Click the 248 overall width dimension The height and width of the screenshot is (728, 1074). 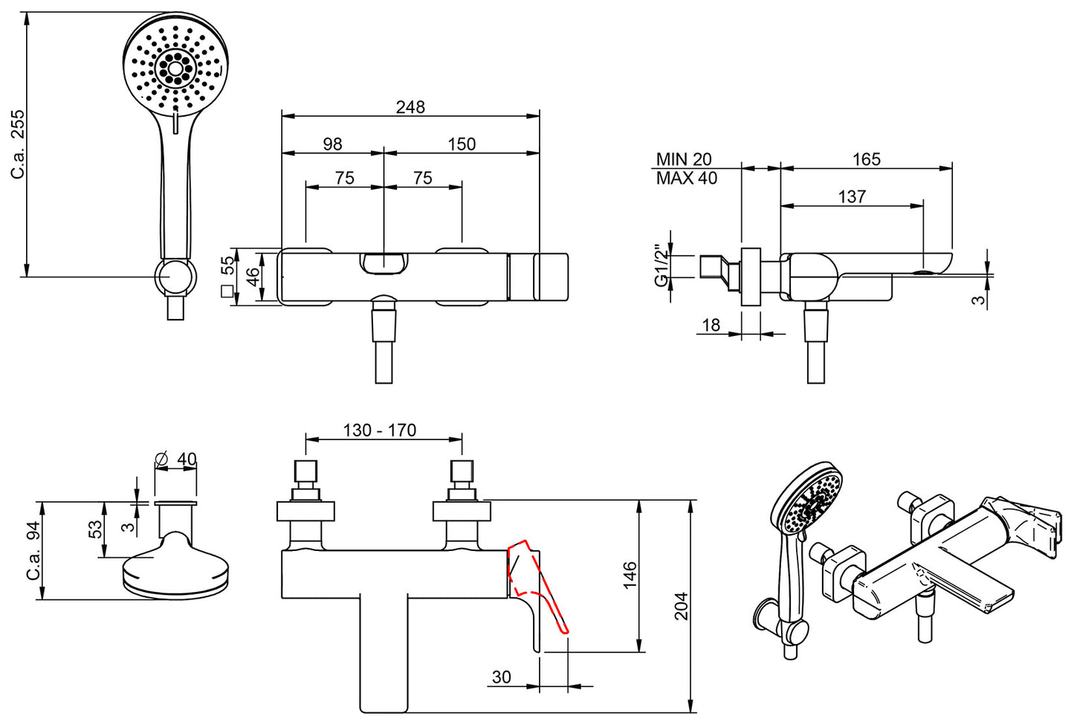point(410,107)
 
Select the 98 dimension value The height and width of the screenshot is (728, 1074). point(332,144)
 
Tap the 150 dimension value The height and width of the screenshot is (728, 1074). point(462,144)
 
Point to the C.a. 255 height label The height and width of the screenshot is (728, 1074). point(18,145)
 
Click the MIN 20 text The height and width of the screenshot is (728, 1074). point(683,159)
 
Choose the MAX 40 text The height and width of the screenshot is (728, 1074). point(686,178)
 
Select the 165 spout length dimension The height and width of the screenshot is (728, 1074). point(866,159)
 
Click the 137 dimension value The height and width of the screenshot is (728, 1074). point(852,196)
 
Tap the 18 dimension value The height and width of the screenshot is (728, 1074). point(711,325)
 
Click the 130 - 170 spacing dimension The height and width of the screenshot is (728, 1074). point(379,431)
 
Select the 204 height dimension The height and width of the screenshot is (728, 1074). point(681,606)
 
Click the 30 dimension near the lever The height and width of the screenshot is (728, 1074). point(502,677)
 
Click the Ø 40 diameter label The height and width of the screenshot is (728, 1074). point(176,460)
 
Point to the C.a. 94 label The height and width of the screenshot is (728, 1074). point(33,551)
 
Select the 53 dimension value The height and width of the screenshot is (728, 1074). point(96,529)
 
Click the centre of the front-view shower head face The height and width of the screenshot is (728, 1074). point(175,69)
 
